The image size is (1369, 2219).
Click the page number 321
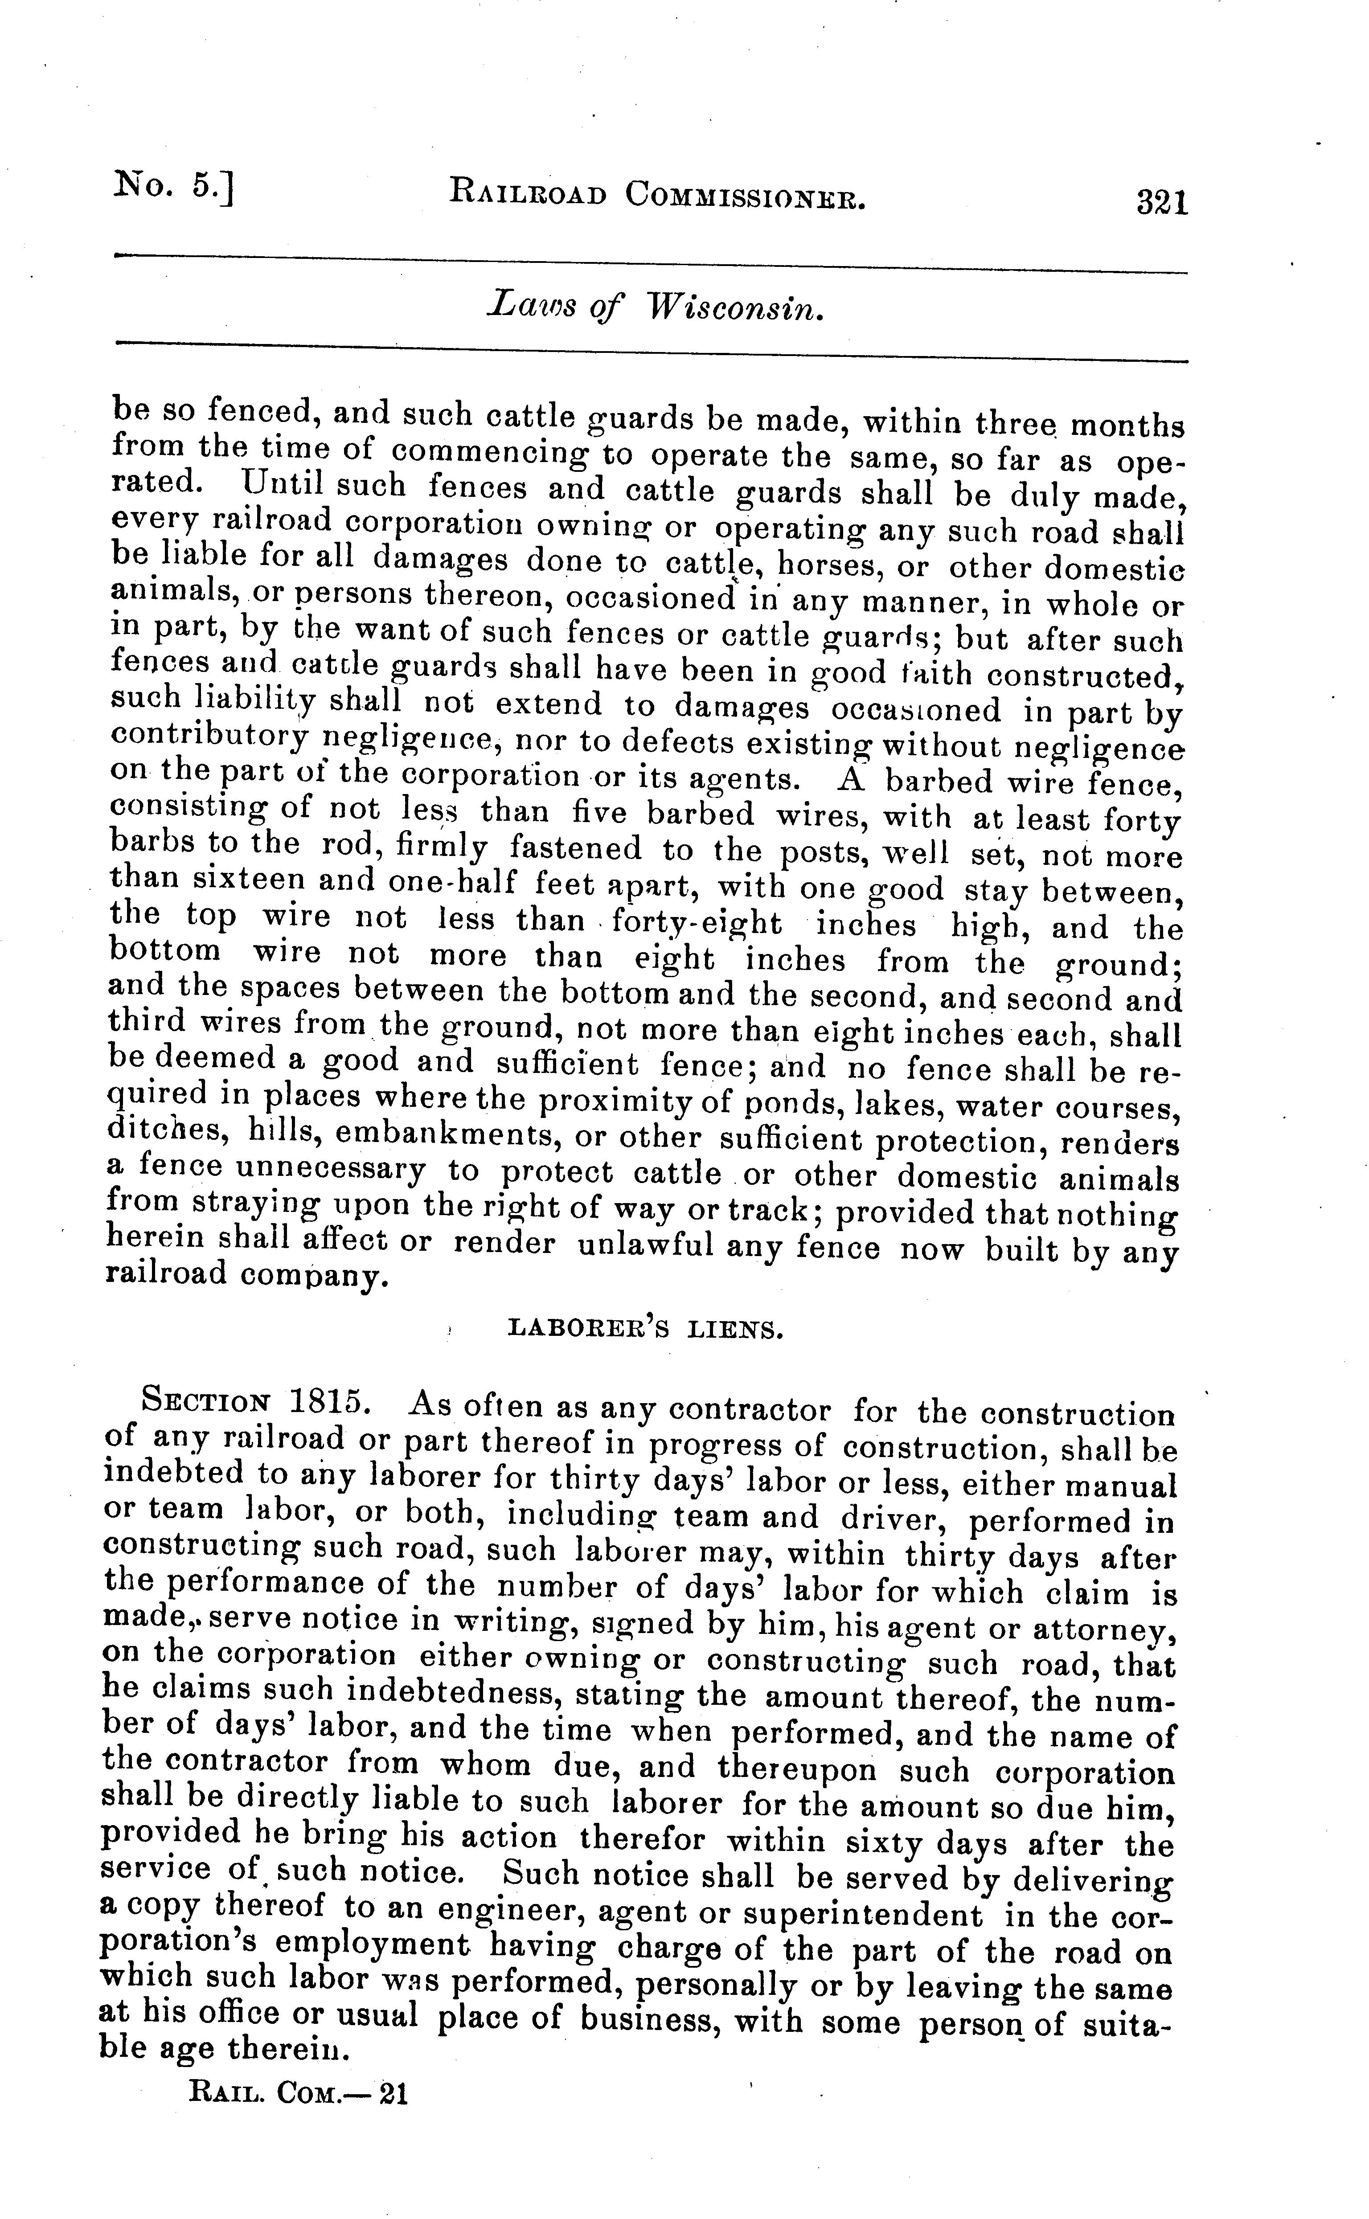1162,201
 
